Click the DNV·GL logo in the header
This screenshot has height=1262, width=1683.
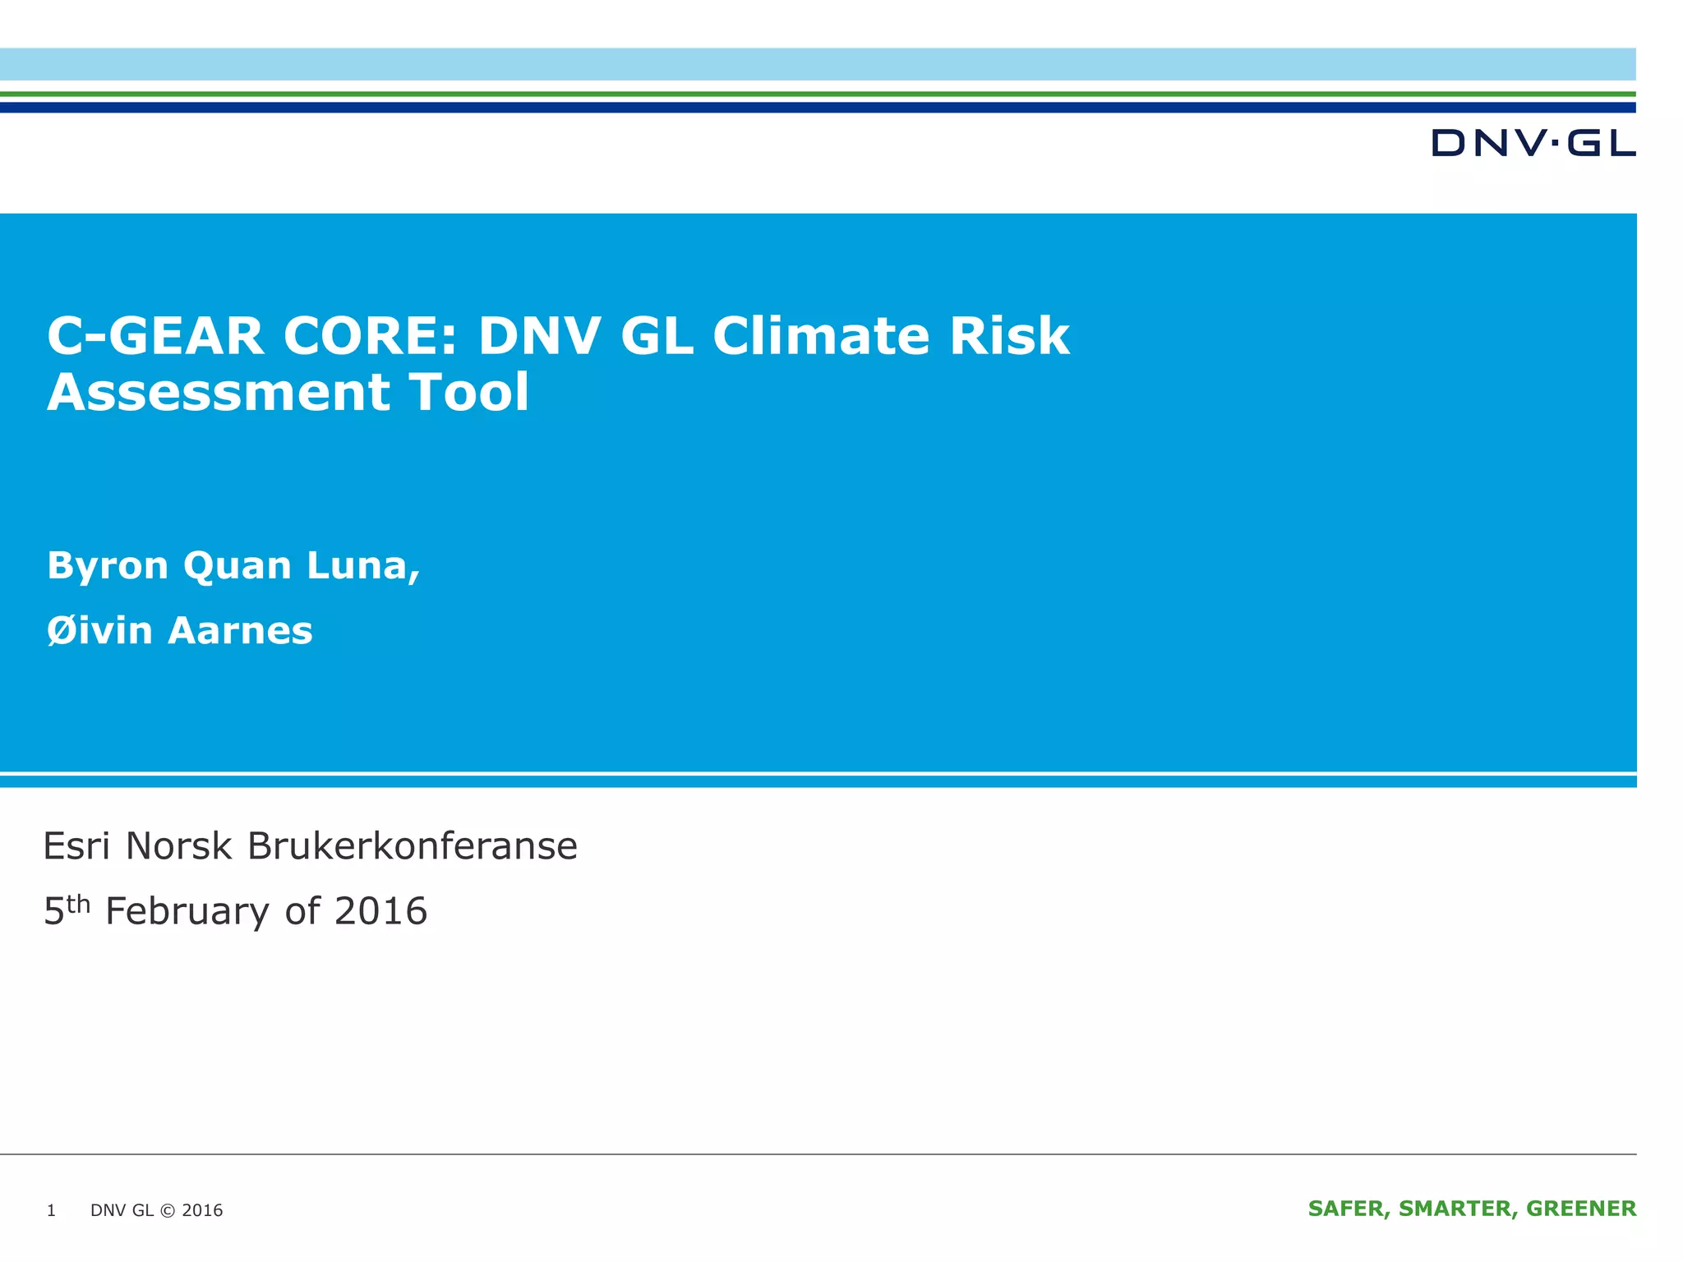[x=1533, y=143]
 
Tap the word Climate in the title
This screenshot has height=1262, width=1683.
[x=821, y=336]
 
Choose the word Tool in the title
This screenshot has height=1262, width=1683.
[x=470, y=392]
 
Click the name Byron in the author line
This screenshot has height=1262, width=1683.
[x=108, y=566]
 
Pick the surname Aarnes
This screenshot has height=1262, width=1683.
[x=240, y=631]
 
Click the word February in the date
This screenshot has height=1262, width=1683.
[x=187, y=912]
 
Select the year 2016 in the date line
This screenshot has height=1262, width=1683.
[x=381, y=912]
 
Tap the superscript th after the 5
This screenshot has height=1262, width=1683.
[x=78, y=903]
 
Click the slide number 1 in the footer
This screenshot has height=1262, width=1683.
[x=51, y=1210]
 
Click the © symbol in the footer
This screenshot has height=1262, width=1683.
[x=168, y=1210]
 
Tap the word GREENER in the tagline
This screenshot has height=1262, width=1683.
[x=1581, y=1209]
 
